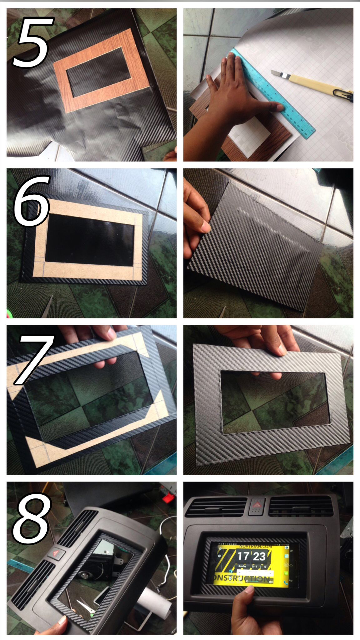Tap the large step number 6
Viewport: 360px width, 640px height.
pyautogui.click(x=31, y=201)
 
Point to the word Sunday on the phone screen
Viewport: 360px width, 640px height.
pyautogui.click(x=242, y=566)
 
